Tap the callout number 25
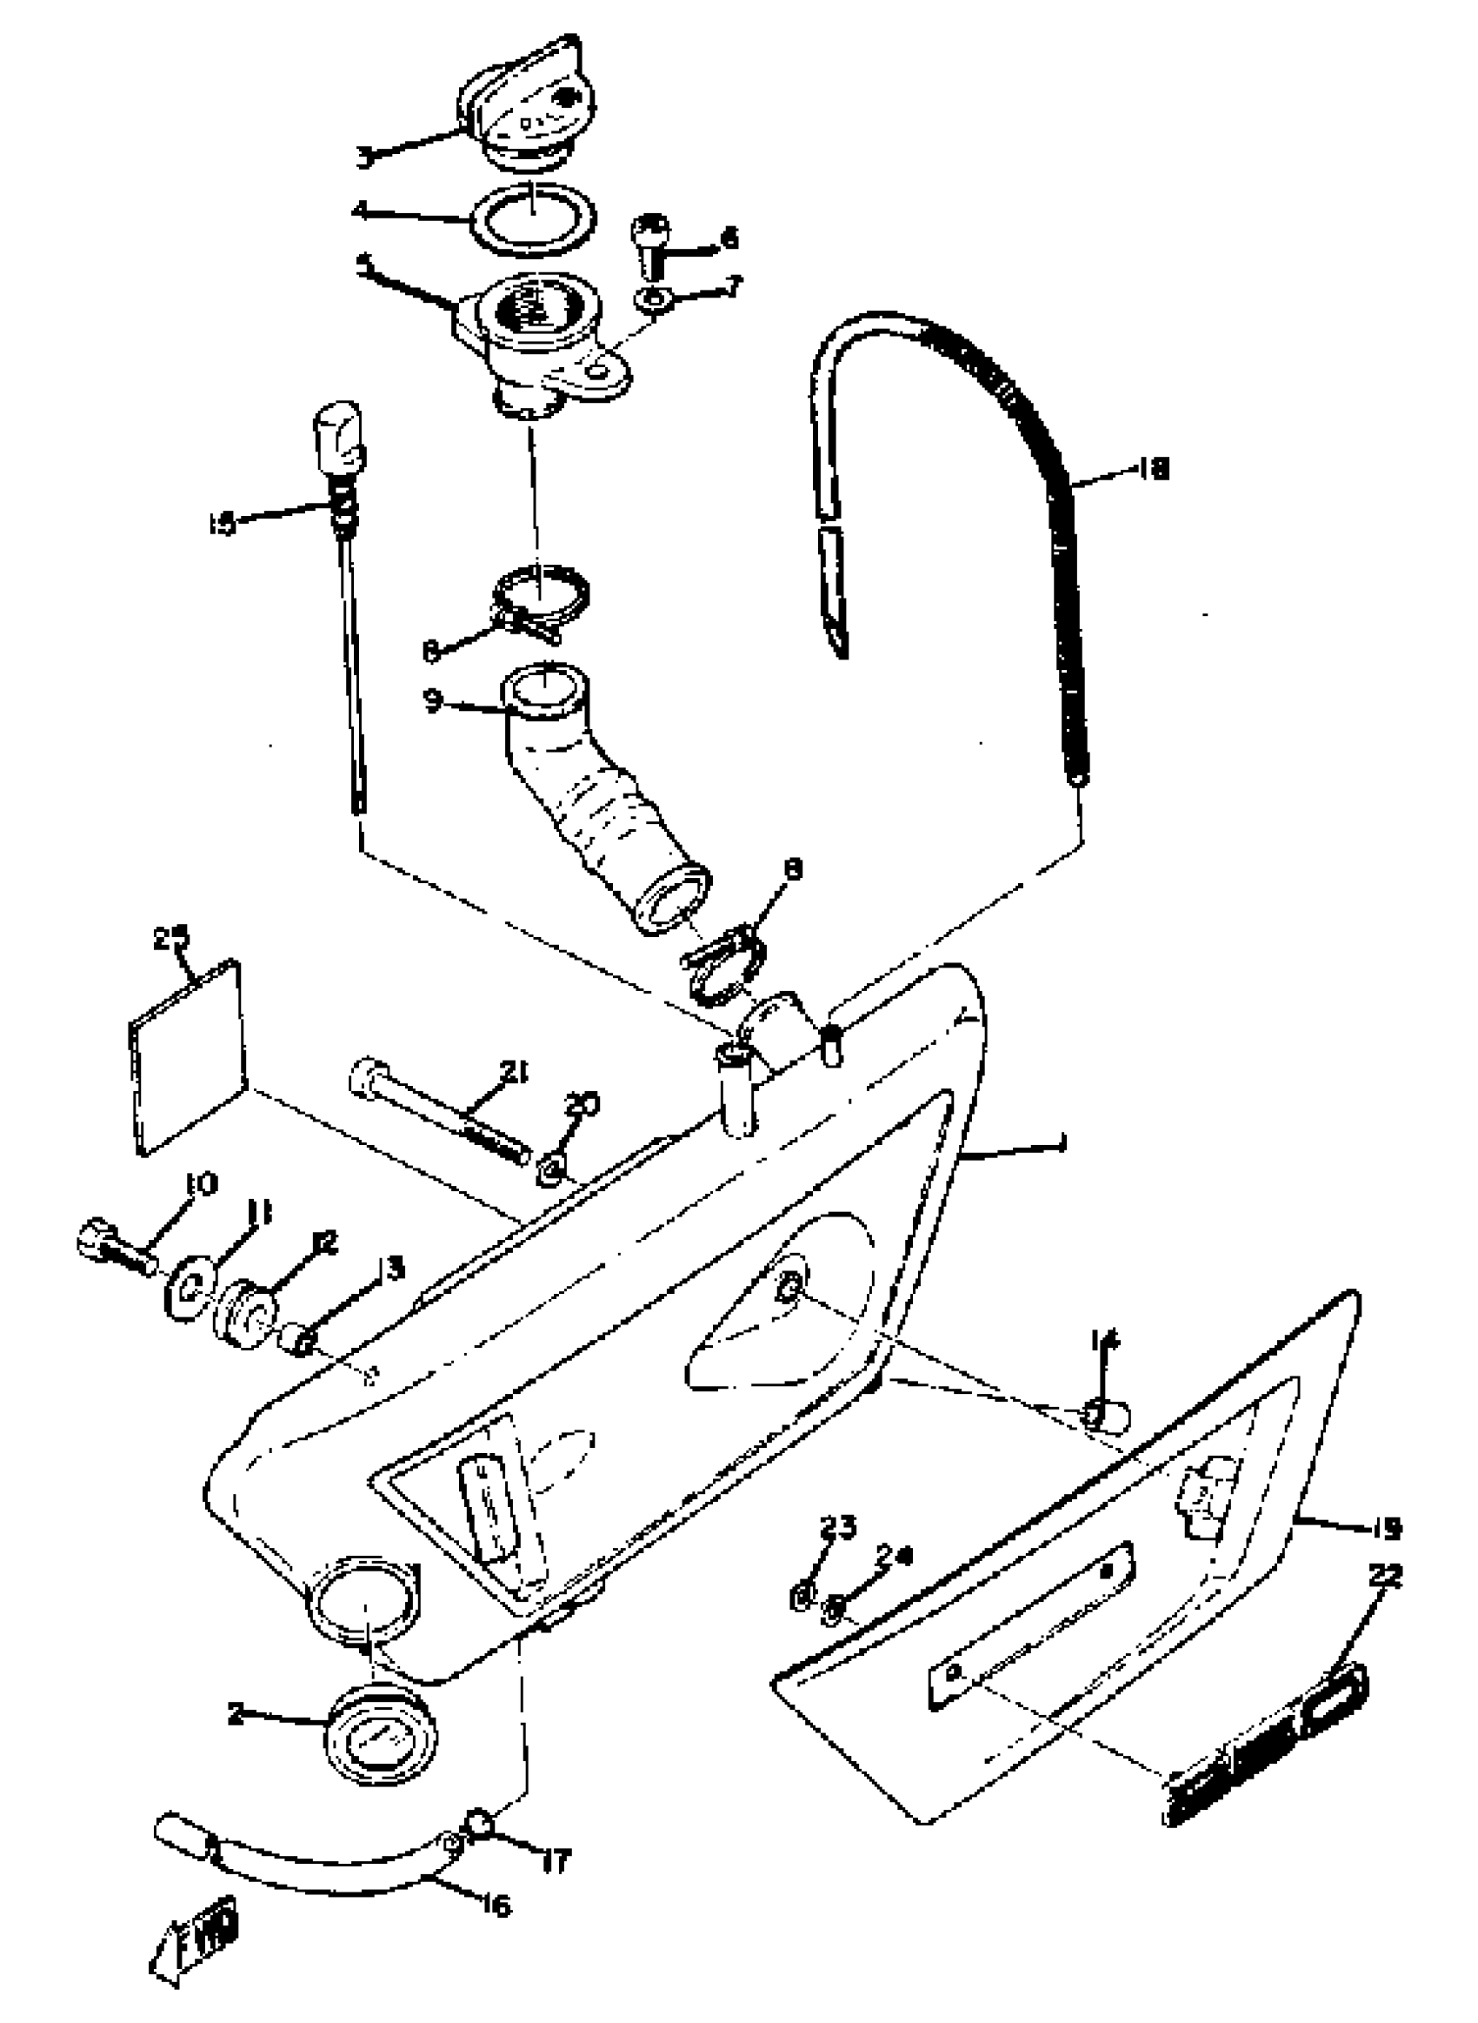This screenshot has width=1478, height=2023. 171,938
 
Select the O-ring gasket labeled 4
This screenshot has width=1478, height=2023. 534,218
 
